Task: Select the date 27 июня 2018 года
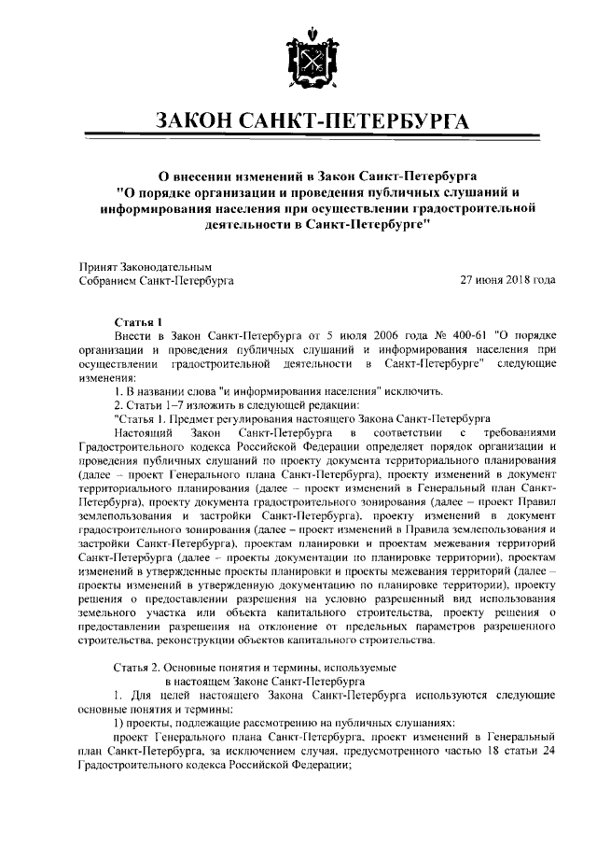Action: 508,280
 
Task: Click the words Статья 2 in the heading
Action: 140,668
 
